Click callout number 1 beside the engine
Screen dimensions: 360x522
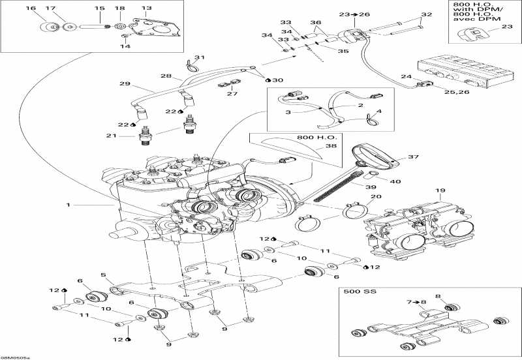click(x=68, y=205)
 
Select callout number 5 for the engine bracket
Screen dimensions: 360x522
click(x=102, y=275)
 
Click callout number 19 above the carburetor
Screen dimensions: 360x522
click(x=440, y=191)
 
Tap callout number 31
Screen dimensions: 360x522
click(x=199, y=57)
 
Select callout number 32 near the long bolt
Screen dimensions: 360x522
click(x=427, y=14)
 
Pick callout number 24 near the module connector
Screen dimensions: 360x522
click(x=406, y=76)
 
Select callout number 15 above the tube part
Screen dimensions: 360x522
click(x=99, y=8)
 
